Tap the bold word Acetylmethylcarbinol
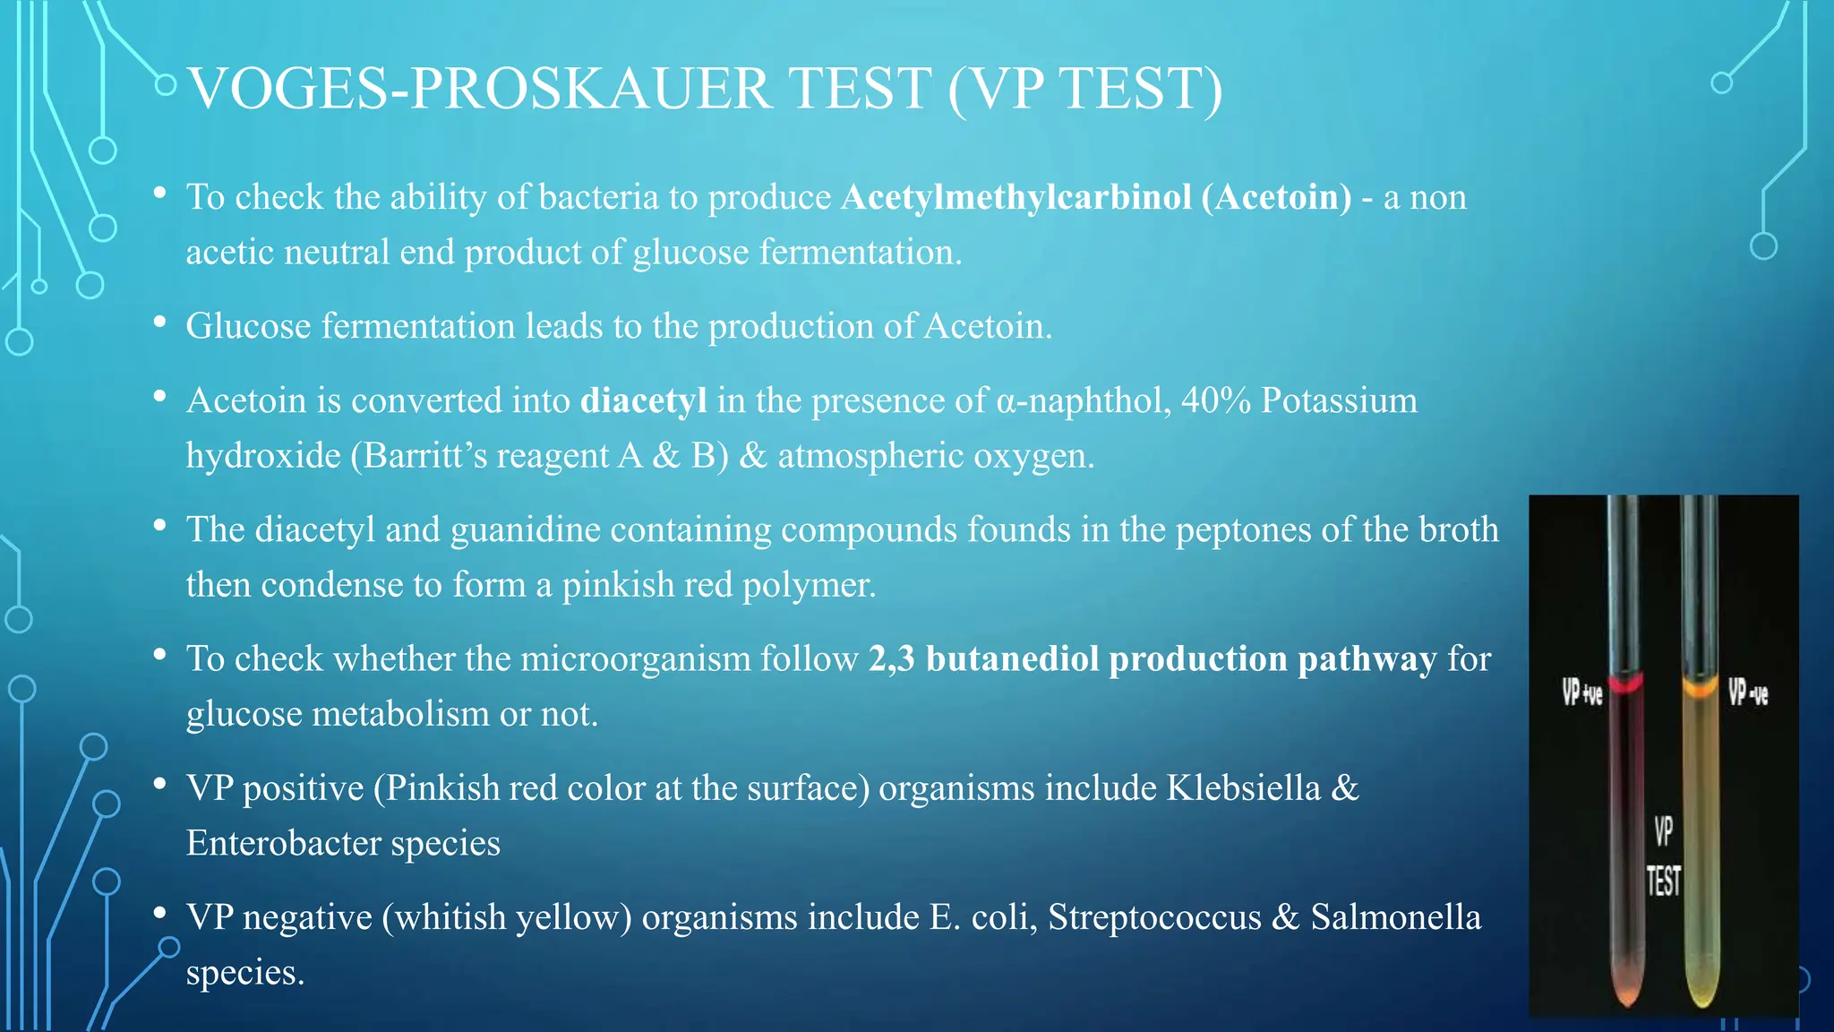pos(1016,197)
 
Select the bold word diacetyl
pos(643,400)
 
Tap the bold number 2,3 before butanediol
pos(891,658)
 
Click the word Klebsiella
pos(1243,788)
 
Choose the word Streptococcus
pos(1154,917)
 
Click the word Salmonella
pos(1395,917)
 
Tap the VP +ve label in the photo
pos(1581,692)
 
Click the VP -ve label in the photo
pos(1747,692)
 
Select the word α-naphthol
pos(1084,400)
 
